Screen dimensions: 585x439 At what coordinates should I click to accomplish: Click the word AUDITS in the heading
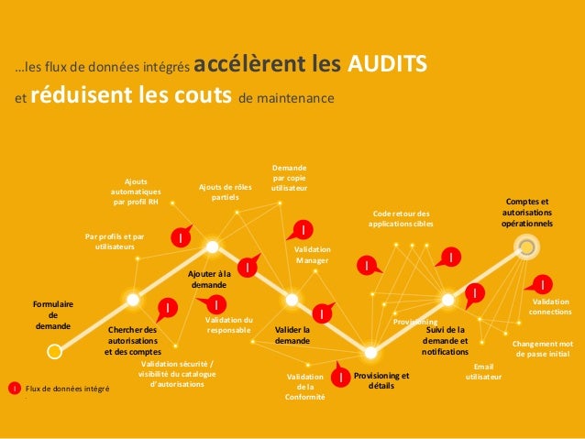387,65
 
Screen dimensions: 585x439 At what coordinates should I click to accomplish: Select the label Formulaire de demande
53,314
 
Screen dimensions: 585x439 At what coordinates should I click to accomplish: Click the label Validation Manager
313,255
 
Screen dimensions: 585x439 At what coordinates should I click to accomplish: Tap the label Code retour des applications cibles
399,218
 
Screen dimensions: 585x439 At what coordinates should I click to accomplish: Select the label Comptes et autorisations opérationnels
527,212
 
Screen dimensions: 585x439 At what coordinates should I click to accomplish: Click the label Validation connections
551,307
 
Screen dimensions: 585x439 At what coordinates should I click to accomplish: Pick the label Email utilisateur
482,371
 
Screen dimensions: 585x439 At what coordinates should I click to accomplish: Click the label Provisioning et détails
381,381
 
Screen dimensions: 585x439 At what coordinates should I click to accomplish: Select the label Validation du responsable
228,324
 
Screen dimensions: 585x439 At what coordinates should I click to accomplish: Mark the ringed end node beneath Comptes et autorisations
525,246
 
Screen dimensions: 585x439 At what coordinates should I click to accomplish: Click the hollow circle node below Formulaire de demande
54,349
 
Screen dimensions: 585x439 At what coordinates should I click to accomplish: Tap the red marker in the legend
14,389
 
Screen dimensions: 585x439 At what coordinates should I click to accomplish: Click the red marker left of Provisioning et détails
339,376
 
